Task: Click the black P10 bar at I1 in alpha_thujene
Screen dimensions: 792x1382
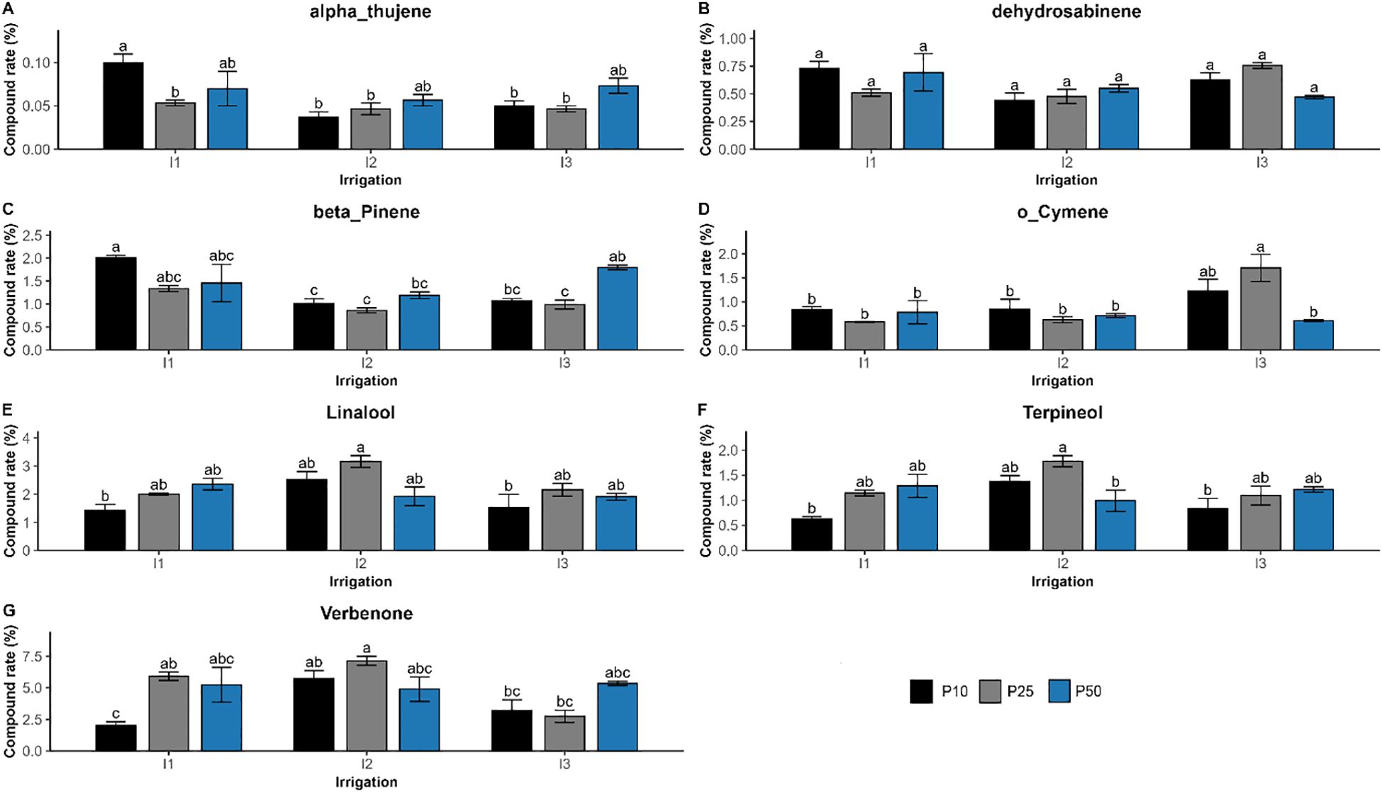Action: tap(123, 106)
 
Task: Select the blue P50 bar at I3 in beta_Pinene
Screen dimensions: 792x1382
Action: tap(617, 309)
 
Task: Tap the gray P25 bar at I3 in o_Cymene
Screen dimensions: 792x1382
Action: tap(1260, 309)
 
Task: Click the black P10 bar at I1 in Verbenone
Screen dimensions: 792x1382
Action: tap(116, 738)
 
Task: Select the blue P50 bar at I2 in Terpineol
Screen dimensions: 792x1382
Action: tap(1115, 525)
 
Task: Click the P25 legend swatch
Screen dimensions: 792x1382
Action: tap(990, 691)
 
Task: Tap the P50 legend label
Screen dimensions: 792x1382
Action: tap(1088, 691)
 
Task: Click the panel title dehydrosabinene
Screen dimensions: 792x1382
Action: tap(1066, 11)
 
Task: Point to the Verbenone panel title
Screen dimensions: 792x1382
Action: tap(366, 613)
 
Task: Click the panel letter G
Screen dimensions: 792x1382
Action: tap(9, 610)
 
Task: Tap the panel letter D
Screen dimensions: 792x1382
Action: tap(703, 209)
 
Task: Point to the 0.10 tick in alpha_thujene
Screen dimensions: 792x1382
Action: tap(36, 63)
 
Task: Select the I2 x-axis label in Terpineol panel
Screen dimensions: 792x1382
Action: tap(1061, 564)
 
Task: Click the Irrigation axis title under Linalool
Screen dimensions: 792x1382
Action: tap(360, 581)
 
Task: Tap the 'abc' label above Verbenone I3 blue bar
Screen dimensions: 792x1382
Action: tap(617, 673)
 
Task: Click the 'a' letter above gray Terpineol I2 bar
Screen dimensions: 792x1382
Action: tap(1061, 448)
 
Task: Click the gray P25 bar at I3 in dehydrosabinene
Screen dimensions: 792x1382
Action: tap(1261, 107)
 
